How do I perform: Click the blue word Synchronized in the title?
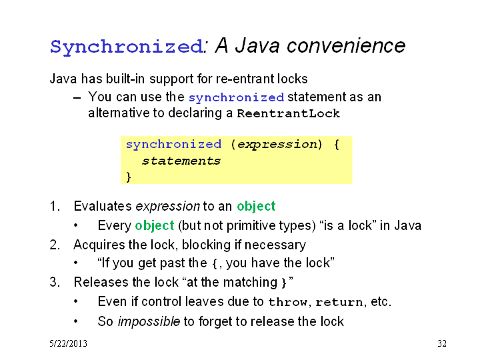pos(127,47)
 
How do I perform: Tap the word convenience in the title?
pos(346,45)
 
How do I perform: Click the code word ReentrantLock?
pos(289,113)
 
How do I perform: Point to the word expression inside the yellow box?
pos(277,144)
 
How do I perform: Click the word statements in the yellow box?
pos(181,161)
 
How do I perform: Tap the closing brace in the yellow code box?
pos(129,177)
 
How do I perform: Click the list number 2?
pos(55,245)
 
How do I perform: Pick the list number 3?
pos(55,282)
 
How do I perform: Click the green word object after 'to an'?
pos(256,207)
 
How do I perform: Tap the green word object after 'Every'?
pos(155,226)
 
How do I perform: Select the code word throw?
pos(288,302)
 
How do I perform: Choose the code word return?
pos(339,302)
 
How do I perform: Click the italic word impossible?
pos(149,322)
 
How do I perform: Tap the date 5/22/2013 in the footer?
pos(68,343)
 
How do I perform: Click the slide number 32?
pos(442,343)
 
